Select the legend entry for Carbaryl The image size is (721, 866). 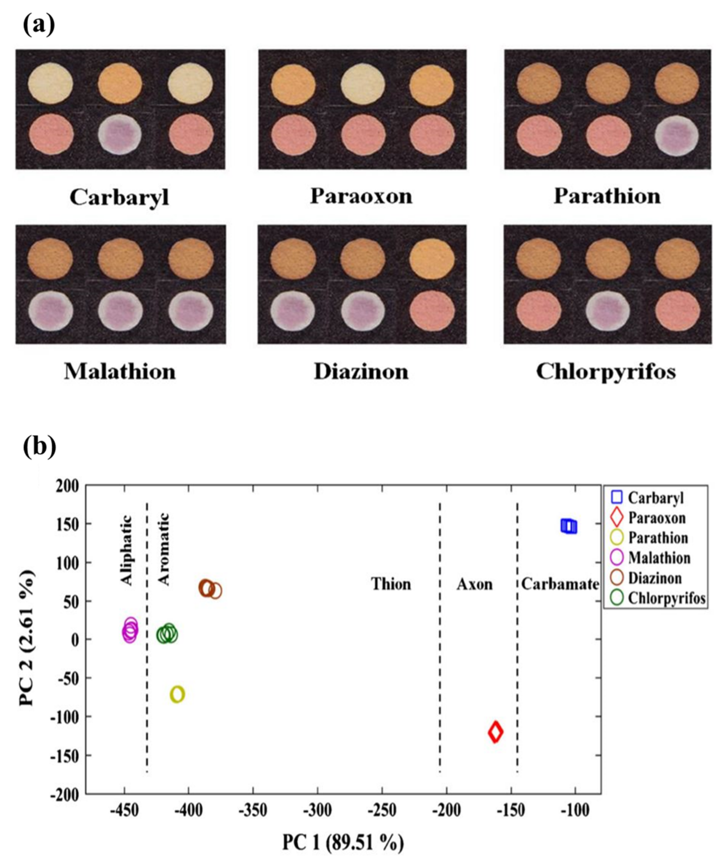point(655,498)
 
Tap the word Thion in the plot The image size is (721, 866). point(391,585)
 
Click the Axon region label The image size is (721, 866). point(474,585)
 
